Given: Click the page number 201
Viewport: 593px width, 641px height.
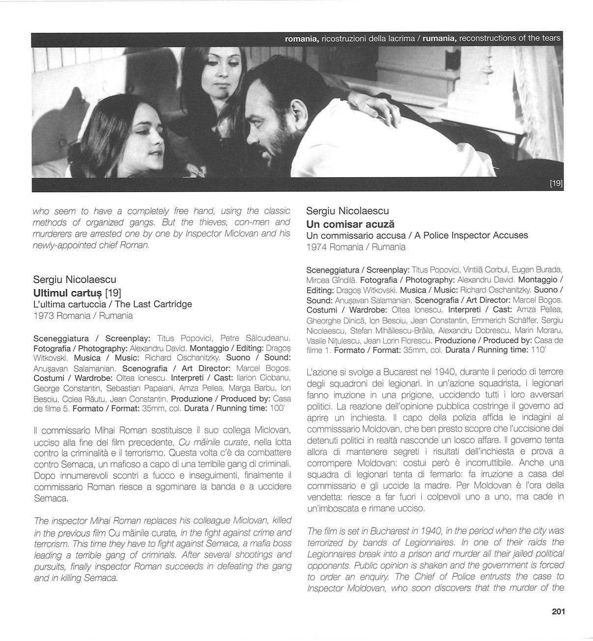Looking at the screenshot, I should (x=558, y=612).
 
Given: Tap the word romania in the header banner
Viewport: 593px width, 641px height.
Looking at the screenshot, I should (x=302, y=38).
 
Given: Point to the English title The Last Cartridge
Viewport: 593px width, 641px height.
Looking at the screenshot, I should (x=153, y=304).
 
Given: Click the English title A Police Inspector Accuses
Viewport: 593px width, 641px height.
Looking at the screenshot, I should (x=471, y=235).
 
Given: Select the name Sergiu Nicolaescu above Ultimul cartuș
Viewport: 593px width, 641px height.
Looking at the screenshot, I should (x=75, y=280).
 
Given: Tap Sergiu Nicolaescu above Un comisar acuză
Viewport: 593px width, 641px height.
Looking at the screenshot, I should (x=347, y=211).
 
